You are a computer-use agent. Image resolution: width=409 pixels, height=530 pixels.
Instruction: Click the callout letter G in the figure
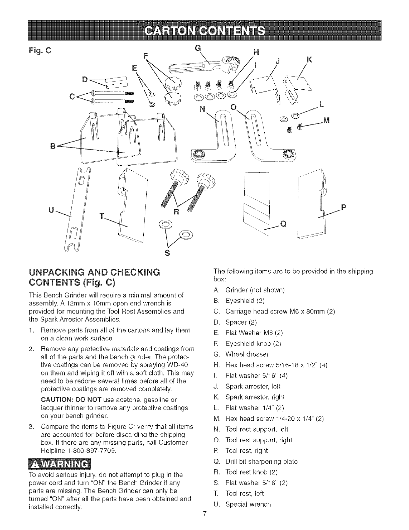(198, 49)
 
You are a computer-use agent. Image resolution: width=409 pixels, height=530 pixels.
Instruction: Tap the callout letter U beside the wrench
(51, 210)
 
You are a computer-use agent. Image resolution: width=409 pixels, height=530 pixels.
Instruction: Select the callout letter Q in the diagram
(283, 224)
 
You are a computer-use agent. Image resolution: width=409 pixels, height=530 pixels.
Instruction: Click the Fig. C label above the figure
(40, 51)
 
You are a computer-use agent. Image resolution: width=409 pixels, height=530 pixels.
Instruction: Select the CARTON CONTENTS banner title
(204, 31)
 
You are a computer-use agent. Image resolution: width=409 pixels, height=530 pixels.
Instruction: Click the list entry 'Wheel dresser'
(247, 354)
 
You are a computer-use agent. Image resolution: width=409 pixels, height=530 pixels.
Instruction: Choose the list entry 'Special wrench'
(248, 504)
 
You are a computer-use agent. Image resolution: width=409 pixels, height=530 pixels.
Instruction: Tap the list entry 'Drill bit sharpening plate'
(261, 461)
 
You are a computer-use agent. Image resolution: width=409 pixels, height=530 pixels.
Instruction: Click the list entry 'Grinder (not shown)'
(255, 290)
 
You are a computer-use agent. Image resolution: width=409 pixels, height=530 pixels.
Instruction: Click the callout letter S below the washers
(167, 253)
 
